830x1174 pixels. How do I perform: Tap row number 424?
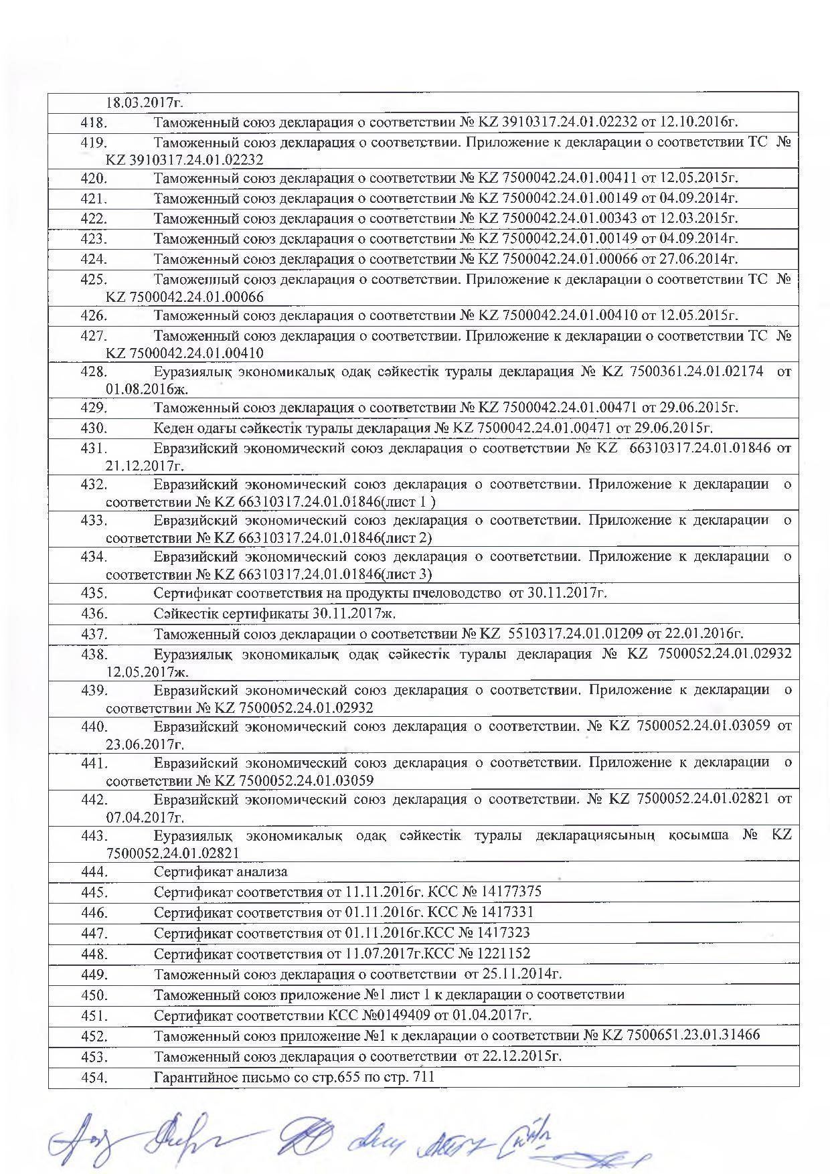click(94, 259)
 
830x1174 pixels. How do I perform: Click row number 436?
click(94, 614)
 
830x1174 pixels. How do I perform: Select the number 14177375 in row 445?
click(509, 892)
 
